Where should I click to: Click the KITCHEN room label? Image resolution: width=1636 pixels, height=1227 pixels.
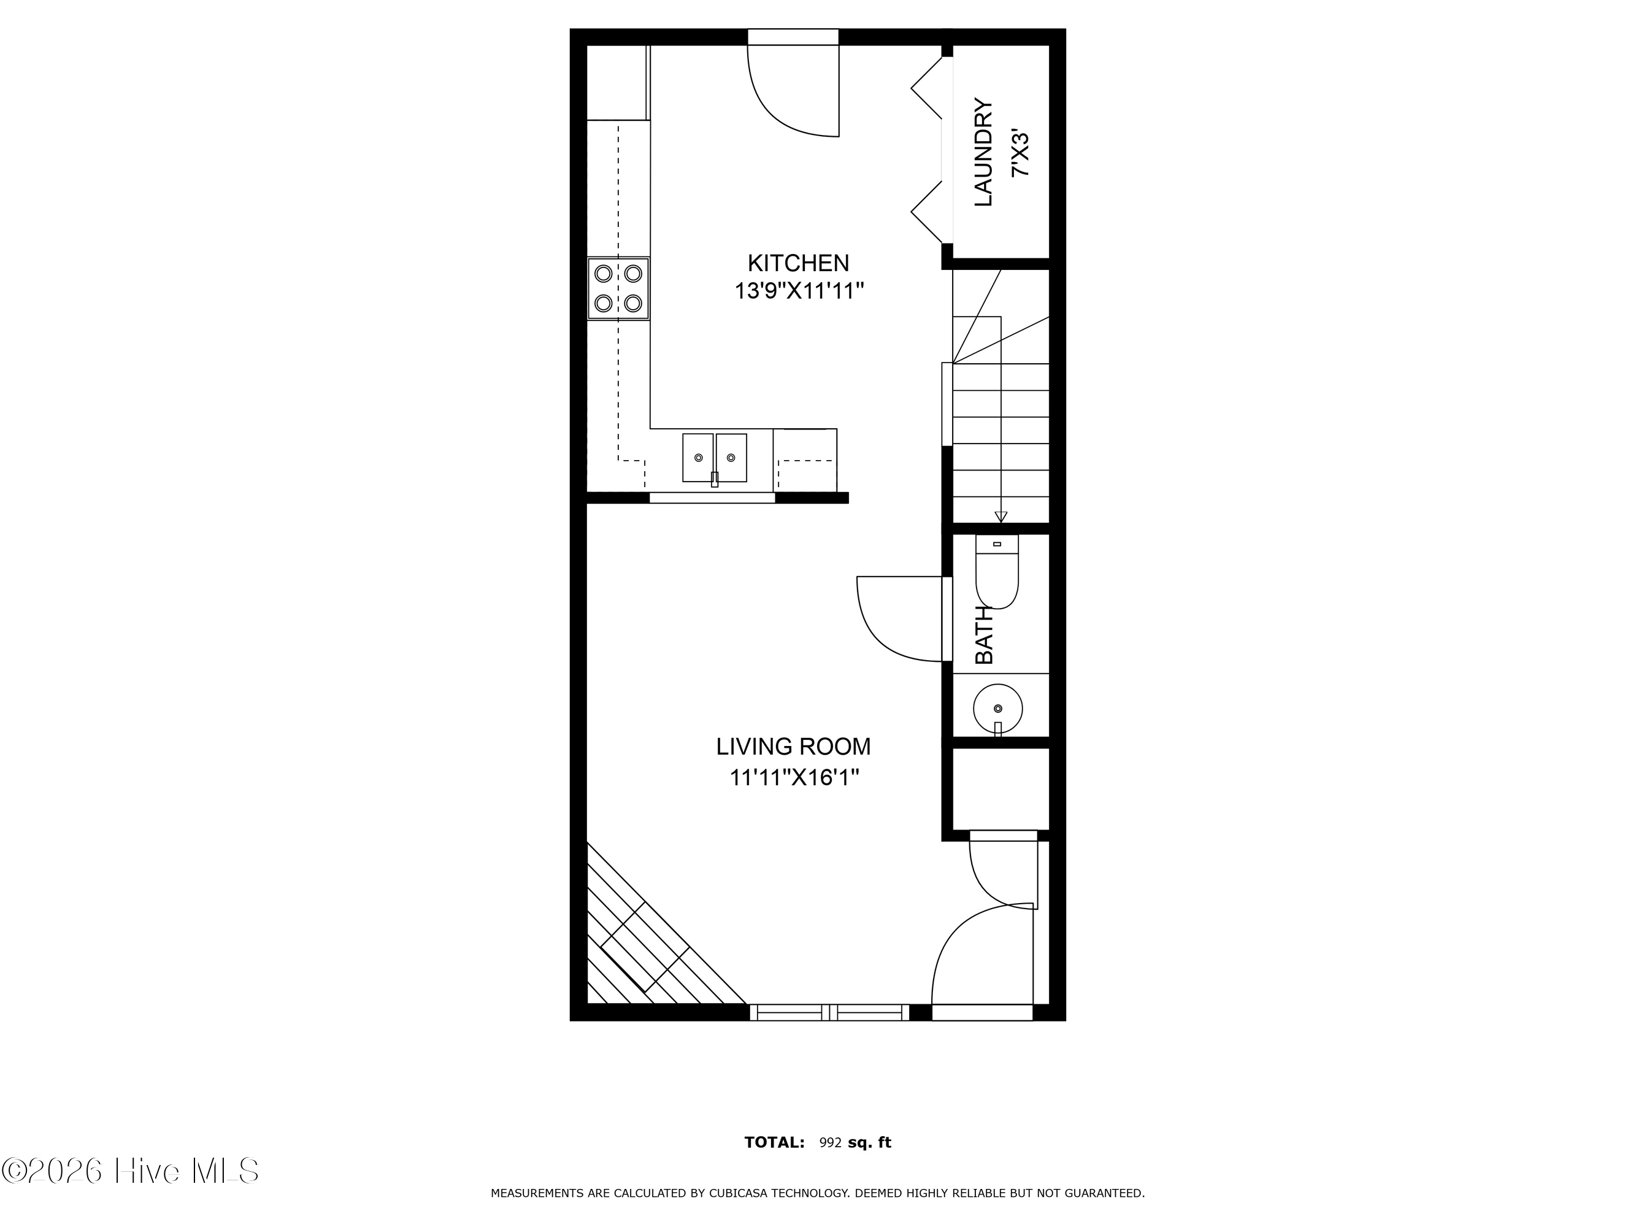tap(798, 263)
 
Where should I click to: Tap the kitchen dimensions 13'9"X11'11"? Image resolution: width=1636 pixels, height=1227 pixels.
tap(799, 291)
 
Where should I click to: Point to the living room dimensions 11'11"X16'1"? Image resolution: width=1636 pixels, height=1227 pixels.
tap(794, 778)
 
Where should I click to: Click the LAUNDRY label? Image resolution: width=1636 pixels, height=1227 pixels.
tap(983, 152)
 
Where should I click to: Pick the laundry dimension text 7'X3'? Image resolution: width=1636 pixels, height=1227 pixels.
tap(1020, 154)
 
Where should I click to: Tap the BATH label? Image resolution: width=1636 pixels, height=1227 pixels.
tap(985, 636)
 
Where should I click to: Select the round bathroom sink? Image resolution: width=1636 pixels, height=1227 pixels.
tap(997, 709)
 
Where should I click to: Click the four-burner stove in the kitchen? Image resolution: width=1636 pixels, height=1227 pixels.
tap(618, 288)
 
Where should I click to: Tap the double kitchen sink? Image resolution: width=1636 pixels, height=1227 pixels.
tap(715, 458)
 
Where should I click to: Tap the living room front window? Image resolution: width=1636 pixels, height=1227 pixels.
tap(830, 1012)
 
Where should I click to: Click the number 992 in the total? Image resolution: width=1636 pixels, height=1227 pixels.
tap(831, 1143)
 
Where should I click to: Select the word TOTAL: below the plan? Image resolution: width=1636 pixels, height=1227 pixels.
tap(774, 1143)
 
